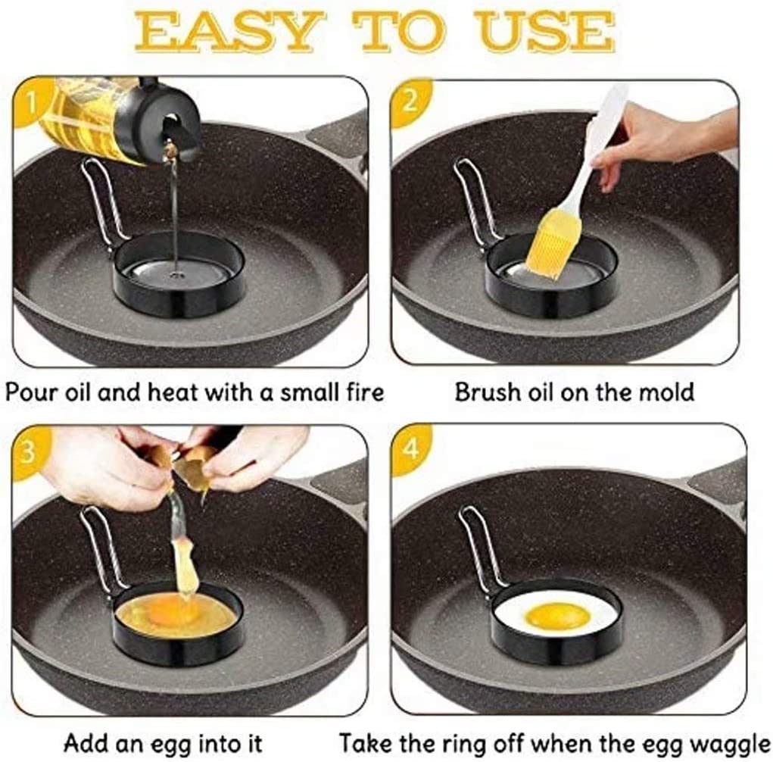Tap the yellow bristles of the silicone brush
point(560,242)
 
